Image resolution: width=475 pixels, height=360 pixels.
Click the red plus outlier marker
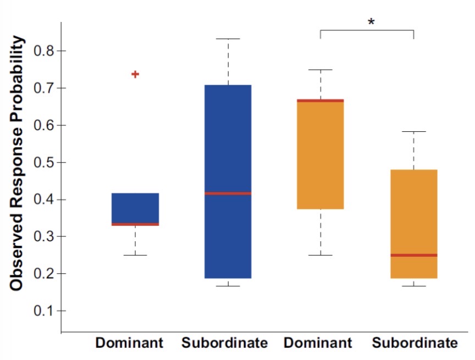tap(135, 74)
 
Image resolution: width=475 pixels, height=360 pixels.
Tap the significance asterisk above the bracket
tap(371, 23)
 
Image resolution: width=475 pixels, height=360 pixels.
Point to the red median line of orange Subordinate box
tap(413, 255)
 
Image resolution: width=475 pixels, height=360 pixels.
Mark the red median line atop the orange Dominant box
tap(321, 101)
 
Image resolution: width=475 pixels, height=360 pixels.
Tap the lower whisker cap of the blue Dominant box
tap(135, 255)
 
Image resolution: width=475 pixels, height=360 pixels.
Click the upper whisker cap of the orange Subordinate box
tap(413, 132)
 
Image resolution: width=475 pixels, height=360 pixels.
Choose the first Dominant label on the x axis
tap(129, 344)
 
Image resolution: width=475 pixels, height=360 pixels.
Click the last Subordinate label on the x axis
tap(415, 344)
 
